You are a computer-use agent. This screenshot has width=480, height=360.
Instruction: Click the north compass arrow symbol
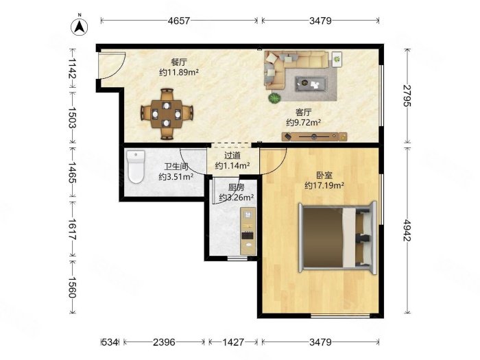click(79, 27)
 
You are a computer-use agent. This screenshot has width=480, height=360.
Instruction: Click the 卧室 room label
click(324, 174)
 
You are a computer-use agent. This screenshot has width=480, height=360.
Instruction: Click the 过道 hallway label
click(232, 156)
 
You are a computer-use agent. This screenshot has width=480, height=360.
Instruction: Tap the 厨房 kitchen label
click(236, 187)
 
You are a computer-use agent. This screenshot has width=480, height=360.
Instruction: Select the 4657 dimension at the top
click(179, 21)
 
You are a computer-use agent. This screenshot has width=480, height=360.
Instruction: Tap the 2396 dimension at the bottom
click(164, 341)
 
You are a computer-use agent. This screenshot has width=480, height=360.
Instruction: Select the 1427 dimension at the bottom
click(233, 341)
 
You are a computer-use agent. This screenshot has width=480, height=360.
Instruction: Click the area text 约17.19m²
click(324, 185)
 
